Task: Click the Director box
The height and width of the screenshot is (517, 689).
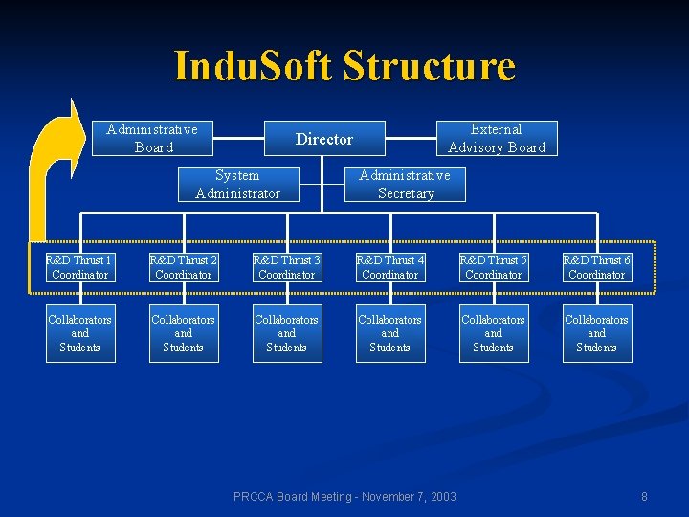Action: (x=324, y=139)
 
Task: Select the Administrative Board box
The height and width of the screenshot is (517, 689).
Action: (x=152, y=138)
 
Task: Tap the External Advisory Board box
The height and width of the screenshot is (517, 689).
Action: (x=496, y=138)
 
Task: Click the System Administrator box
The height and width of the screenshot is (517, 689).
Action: (x=237, y=184)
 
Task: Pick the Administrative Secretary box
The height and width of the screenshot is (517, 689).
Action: (x=405, y=184)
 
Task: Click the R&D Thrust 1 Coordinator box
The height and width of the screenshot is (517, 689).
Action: (x=80, y=267)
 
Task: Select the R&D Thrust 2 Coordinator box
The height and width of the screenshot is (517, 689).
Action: (x=184, y=267)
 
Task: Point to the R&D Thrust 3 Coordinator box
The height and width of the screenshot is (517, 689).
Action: (x=287, y=267)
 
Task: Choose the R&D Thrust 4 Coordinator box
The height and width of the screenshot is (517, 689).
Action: (x=390, y=267)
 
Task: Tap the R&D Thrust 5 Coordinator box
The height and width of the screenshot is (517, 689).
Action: (x=494, y=267)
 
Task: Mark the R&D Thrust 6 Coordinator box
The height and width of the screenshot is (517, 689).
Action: (x=597, y=267)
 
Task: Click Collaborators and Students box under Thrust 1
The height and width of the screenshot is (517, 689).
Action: (x=80, y=333)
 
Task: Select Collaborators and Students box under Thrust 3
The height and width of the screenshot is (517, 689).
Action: (x=287, y=333)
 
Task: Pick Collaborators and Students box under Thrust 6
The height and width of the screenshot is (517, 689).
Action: (x=597, y=333)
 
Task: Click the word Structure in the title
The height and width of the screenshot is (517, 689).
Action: (x=429, y=67)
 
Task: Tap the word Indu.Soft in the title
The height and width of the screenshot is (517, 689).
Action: (x=253, y=67)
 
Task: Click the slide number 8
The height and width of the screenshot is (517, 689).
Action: (x=644, y=496)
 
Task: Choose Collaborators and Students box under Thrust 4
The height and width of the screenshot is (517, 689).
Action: (x=390, y=333)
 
